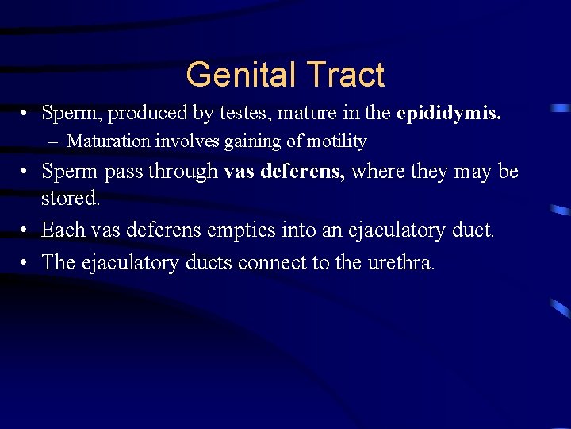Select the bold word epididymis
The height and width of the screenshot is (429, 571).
pos(449,114)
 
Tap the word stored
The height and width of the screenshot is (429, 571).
pos(71,197)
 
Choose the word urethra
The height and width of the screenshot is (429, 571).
pos(401,262)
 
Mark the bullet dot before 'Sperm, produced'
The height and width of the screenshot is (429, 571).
pos(26,114)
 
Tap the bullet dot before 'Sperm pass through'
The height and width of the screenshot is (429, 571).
pos(26,171)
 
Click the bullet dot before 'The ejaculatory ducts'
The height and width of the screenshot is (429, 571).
pos(26,262)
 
